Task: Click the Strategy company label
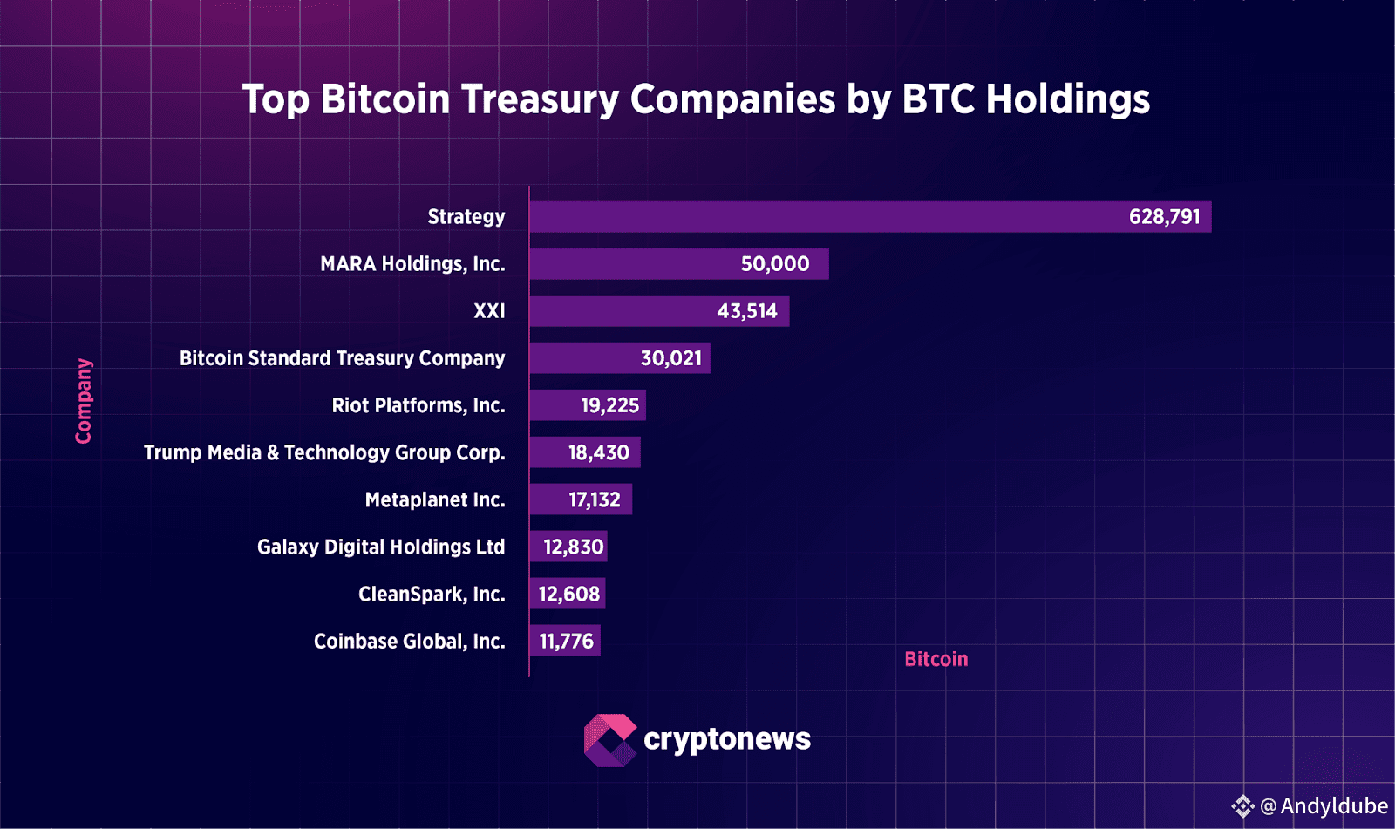click(x=466, y=217)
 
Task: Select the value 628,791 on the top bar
click(x=1164, y=217)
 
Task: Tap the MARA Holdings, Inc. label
click(x=412, y=264)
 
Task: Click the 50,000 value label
click(x=774, y=264)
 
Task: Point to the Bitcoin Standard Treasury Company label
click(x=342, y=358)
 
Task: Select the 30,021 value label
click(x=670, y=358)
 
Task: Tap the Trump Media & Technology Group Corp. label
click(x=324, y=452)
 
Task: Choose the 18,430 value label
click(x=598, y=452)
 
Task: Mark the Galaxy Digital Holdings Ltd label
click(x=381, y=547)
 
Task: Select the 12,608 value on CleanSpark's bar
click(x=568, y=594)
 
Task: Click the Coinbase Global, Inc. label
click(x=409, y=641)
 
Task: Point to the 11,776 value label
click(x=566, y=641)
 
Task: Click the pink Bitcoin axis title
click(x=936, y=659)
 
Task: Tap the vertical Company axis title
click(x=84, y=401)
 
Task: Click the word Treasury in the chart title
click(x=540, y=99)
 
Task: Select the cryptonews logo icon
click(x=609, y=740)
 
